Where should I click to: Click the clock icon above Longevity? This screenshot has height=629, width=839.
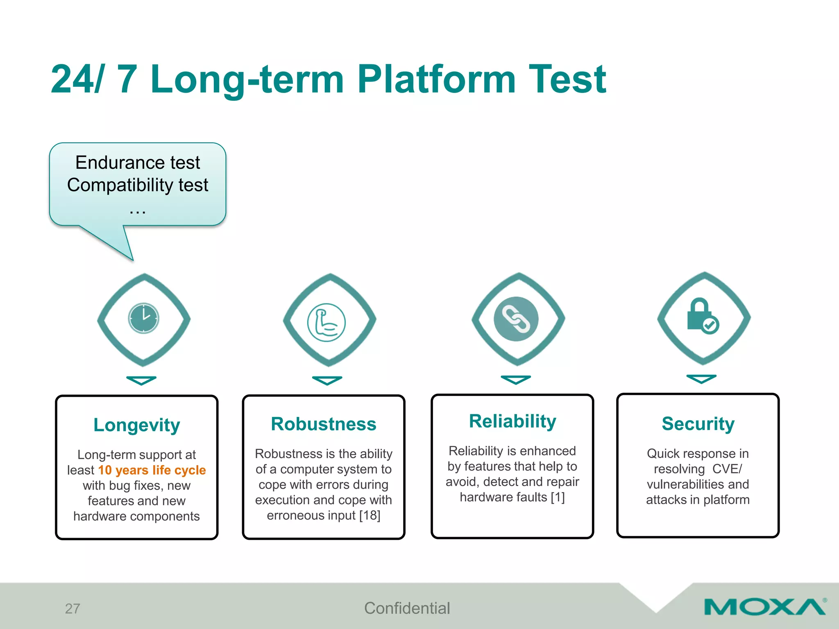[x=143, y=318]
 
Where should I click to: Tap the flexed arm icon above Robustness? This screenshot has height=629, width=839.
[x=327, y=322]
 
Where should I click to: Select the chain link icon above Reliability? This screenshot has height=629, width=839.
[x=516, y=319]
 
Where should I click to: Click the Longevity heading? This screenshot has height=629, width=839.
[x=136, y=425]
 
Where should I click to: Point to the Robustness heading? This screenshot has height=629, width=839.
[x=323, y=424]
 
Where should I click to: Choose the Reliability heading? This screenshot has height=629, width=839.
[x=512, y=421]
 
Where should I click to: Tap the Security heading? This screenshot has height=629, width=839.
[x=698, y=424]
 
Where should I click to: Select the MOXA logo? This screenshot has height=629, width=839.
[x=765, y=607]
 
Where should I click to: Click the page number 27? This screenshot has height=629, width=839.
[x=73, y=609]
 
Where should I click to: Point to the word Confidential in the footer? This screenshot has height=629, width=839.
[x=407, y=608]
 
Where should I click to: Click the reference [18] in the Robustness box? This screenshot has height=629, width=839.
[x=370, y=516]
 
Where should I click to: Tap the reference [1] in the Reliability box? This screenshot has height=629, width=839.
[x=558, y=497]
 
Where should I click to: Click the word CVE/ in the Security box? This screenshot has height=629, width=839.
[x=727, y=469]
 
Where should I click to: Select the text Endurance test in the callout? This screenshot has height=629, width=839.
[x=138, y=163]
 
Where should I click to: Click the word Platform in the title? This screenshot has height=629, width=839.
[x=436, y=79]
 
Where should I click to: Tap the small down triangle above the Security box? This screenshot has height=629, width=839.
[x=701, y=379]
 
